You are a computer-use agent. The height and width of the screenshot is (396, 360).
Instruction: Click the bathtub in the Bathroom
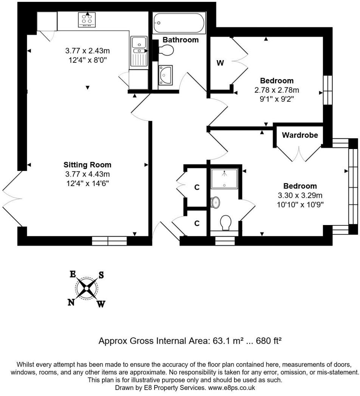[x=179, y=23]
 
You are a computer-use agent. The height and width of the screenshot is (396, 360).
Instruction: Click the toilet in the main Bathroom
[x=165, y=50]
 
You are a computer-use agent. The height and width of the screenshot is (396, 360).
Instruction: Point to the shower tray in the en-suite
[x=224, y=179]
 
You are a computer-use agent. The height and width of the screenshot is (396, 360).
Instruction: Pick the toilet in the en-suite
[x=225, y=223]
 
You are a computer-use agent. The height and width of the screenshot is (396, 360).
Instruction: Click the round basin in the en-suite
[x=215, y=202]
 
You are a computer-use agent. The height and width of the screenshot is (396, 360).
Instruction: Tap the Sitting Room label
[x=87, y=165]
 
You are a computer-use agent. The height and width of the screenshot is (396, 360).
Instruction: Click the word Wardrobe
[x=299, y=135]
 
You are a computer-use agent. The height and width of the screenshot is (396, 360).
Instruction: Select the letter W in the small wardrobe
[x=220, y=63]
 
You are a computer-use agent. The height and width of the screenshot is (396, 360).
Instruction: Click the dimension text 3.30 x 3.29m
[x=300, y=195]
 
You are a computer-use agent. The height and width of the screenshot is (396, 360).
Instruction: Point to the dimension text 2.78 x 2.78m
[x=277, y=90]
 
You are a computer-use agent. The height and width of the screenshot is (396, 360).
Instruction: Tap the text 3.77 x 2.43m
[x=87, y=51]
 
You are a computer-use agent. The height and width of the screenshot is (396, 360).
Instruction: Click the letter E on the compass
[x=73, y=274]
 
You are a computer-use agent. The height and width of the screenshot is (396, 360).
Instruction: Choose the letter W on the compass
[x=101, y=304]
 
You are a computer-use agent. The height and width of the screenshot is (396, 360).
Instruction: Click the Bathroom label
[x=180, y=40]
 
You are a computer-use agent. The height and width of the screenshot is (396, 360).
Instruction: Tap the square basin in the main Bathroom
[x=166, y=75]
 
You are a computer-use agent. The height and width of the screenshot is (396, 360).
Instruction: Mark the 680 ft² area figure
[x=268, y=341]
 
